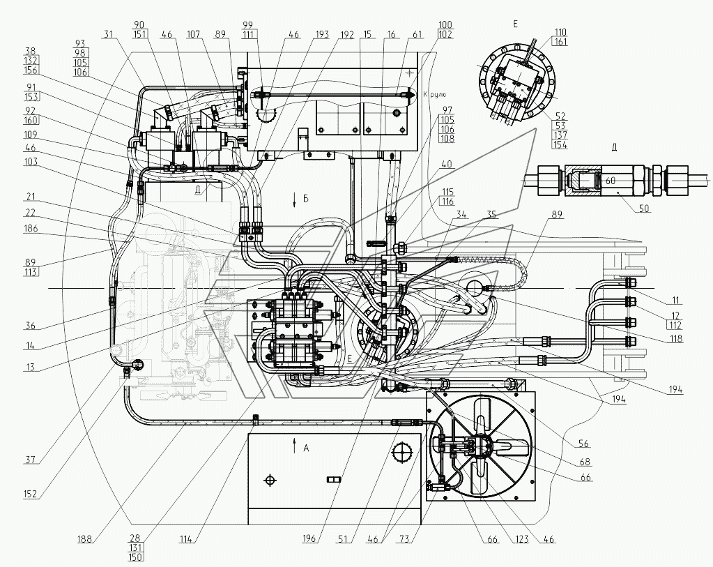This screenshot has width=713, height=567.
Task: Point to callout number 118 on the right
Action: point(673,339)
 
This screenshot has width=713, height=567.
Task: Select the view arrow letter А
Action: point(306,448)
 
